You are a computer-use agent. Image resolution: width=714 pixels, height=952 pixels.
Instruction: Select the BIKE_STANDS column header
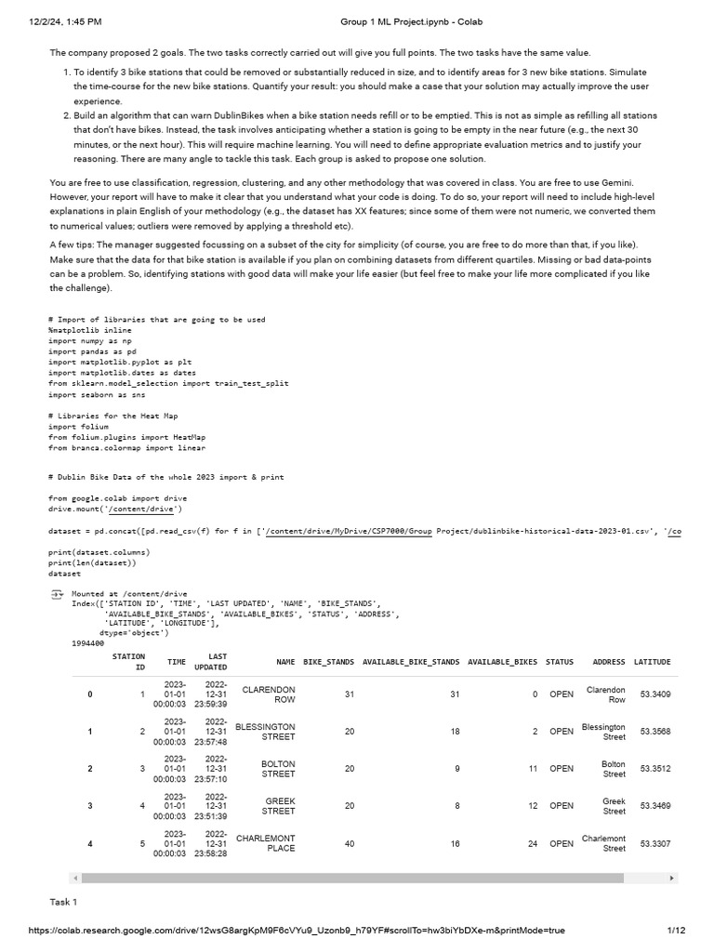(328, 662)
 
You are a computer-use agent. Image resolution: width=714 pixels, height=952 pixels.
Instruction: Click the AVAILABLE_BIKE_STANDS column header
(411, 662)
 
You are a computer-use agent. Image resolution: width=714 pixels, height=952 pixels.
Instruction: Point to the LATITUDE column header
(652, 662)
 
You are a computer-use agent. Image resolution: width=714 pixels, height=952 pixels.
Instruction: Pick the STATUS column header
(560, 662)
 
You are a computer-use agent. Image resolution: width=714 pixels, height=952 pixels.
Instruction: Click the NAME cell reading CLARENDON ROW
(269, 694)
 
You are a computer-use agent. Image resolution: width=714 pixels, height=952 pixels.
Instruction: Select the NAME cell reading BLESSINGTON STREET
(266, 732)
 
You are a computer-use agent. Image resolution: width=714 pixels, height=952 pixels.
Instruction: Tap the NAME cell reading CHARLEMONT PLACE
(266, 843)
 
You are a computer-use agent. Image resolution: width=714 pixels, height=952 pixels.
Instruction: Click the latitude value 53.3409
(654, 694)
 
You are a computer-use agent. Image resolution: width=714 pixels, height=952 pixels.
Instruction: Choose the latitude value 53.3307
(654, 843)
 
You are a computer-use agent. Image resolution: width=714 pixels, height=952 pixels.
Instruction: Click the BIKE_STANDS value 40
(349, 843)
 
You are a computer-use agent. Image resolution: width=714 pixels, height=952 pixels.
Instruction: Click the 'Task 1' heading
(63, 902)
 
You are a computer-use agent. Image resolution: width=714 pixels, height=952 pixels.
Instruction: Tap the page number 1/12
(676, 930)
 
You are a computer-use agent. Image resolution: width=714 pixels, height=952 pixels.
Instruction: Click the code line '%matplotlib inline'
(89, 330)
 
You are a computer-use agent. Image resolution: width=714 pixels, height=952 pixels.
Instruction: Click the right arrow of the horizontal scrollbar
(671, 878)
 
